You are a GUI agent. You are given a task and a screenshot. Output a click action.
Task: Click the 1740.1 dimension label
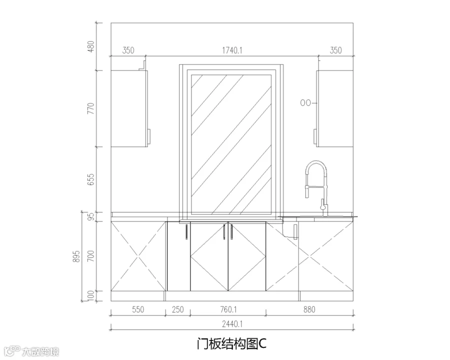(232, 50)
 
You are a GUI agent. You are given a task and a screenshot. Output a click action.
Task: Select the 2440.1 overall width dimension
(232, 324)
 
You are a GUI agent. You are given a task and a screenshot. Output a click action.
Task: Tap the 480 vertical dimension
(90, 46)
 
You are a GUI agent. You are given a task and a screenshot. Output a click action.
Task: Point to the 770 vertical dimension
(90, 108)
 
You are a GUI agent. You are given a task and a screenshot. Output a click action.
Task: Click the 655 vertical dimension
(90, 179)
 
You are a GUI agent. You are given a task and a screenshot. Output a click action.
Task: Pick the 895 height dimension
(76, 256)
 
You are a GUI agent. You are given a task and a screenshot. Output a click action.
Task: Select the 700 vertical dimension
(90, 256)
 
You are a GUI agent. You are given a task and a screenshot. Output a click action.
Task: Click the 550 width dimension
(138, 309)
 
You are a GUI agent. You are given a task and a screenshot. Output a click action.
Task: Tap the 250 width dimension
(177, 309)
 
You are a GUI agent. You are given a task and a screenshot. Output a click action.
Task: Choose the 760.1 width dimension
(228, 309)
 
